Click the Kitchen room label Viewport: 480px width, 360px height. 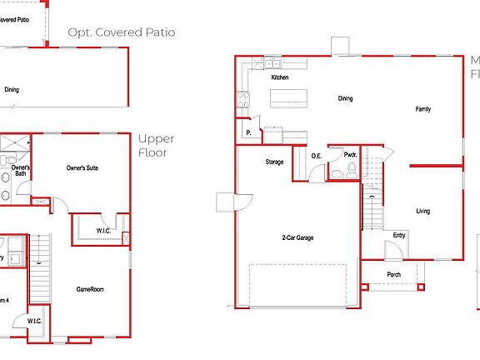(280, 77)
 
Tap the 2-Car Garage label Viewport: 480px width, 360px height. (297, 237)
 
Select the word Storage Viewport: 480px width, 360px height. (274, 162)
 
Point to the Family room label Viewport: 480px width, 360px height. (423, 109)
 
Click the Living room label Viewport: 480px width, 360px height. (423, 211)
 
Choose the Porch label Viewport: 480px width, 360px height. (393, 274)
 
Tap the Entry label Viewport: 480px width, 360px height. (399, 234)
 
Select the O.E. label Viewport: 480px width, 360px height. (317, 156)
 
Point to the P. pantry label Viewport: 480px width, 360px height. (248, 132)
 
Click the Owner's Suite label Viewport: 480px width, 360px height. (82, 167)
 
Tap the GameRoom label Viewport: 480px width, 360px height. (90, 289)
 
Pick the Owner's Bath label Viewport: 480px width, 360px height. (21, 170)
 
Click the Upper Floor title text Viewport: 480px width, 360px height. (156, 146)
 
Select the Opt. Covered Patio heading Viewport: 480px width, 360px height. (122, 32)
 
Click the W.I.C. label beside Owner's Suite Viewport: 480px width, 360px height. (104, 231)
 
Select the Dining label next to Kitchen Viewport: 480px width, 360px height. (345, 98)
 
